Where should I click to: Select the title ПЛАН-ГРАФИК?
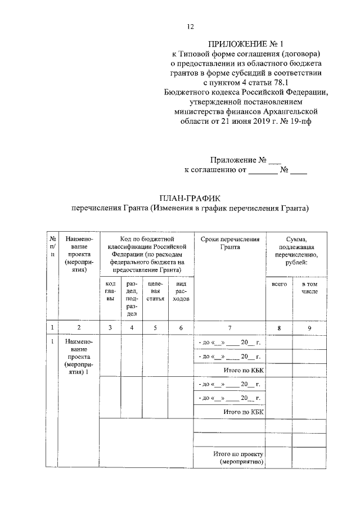pos(191,198)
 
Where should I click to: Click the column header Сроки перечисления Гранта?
pos(229,243)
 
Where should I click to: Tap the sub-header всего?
pos(279,285)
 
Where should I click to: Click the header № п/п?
pos(52,247)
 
